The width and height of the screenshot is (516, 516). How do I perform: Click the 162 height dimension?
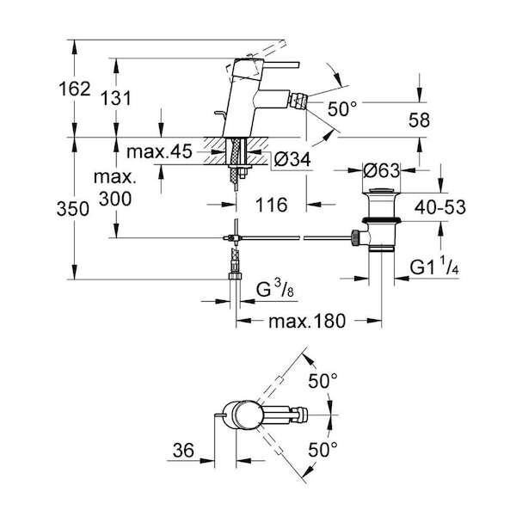tap(75, 89)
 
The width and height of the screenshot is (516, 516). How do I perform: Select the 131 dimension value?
tap(116, 98)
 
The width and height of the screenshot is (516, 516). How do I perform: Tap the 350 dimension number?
tap(73, 209)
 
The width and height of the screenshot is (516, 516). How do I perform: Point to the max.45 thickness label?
tap(159, 151)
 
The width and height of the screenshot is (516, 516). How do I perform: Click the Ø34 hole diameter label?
tap(292, 160)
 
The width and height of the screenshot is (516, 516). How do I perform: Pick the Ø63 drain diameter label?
tap(382, 170)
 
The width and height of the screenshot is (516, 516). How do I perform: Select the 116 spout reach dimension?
tap(272, 205)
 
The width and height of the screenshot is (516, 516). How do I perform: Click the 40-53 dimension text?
tap(440, 207)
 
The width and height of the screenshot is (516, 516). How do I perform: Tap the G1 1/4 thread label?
tap(434, 267)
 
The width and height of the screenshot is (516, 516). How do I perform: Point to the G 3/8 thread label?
tap(275, 289)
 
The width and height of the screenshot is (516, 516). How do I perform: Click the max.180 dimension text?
tap(307, 321)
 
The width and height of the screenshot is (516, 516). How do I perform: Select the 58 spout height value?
tap(419, 120)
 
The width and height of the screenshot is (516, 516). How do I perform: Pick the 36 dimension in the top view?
tap(183, 450)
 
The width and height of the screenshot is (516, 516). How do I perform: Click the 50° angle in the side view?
tap(342, 108)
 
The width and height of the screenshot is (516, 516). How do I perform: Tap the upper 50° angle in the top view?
tap(322, 381)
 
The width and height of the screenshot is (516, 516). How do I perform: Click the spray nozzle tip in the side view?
tap(299, 101)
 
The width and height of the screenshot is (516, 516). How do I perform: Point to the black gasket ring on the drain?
tap(381, 221)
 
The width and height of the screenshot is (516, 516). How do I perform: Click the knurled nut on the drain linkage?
tap(355, 237)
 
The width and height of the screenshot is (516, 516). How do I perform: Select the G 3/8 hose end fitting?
tap(235, 276)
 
